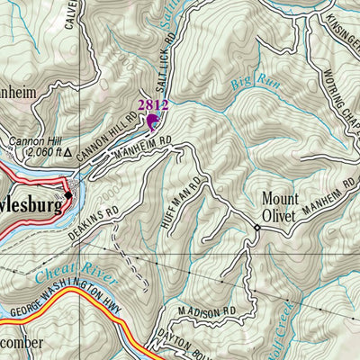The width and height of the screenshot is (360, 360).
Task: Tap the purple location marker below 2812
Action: pyautogui.click(x=152, y=121)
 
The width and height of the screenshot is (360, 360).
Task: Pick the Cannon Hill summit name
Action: pyautogui.click(x=32, y=141)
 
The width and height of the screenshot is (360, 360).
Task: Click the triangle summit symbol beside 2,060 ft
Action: pyautogui.click(x=67, y=153)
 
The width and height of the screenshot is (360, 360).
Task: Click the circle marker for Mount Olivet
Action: pyautogui.click(x=256, y=228)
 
